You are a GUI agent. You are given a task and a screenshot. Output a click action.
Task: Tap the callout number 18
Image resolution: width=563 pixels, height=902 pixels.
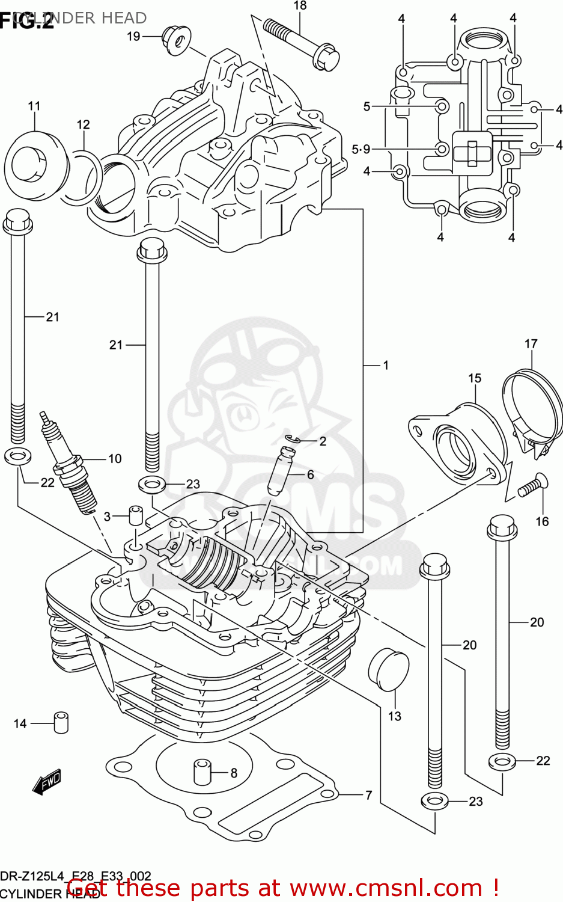point(300,6)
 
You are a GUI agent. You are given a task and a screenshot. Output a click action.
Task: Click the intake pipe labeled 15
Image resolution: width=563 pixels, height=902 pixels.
point(460,442)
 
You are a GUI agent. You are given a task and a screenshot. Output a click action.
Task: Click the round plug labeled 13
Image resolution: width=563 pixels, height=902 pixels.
point(389,670)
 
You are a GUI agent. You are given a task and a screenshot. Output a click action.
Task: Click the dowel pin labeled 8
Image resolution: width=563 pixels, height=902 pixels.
point(201,772)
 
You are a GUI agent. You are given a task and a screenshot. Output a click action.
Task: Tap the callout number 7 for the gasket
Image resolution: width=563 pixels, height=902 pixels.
point(368,795)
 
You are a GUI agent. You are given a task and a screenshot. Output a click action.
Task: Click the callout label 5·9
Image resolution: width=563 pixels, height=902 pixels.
point(361,149)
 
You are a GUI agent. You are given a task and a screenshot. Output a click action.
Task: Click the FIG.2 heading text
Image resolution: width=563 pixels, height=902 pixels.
point(27,22)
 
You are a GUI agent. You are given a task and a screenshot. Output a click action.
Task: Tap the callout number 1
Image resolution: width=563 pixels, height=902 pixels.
point(386,365)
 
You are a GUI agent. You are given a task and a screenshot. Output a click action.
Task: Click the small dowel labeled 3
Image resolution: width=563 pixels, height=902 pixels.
point(135,517)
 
